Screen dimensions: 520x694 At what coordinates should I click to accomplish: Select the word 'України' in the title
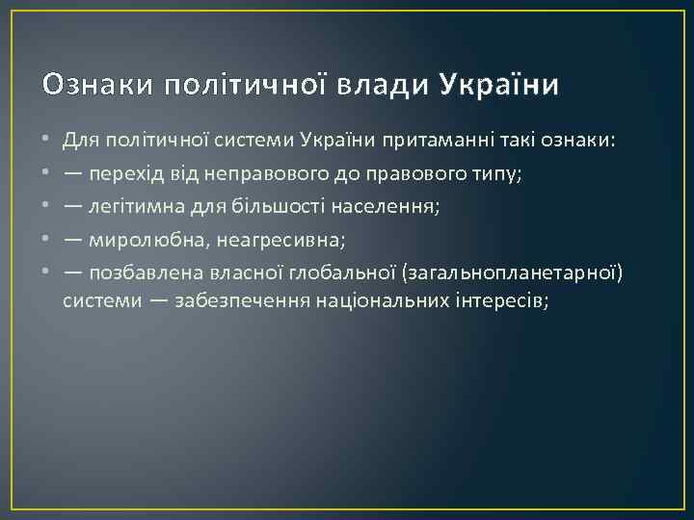[x=498, y=86]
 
